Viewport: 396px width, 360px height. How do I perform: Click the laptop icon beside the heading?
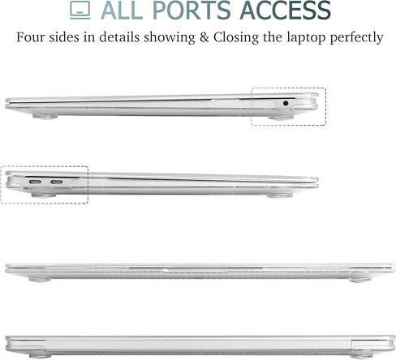(x=80, y=11)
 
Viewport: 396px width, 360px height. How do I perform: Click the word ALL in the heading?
(x=122, y=11)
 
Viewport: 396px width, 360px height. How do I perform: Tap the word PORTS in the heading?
(x=192, y=11)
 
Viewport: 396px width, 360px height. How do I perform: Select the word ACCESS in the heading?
(x=285, y=11)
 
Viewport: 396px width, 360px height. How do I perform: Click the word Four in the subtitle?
(x=30, y=37)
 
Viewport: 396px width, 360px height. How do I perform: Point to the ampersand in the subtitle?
(x=204, y=37)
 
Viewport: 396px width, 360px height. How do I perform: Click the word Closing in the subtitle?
(x=236, y=38)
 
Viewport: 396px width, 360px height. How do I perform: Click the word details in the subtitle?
(x=119, y=37)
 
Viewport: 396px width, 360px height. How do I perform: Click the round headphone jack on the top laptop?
(x=286, y=103)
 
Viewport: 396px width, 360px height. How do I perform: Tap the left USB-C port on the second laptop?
(x=35, y=182)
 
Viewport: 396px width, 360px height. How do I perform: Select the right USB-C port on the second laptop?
(x=57, y=182)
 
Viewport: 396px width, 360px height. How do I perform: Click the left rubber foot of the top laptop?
(x=45, y=117)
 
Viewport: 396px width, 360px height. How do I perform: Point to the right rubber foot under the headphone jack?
(x=281, y=118)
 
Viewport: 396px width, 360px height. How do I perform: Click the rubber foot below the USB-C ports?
(x=44, y=195)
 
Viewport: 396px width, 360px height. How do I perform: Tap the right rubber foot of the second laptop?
(x=279, y=195)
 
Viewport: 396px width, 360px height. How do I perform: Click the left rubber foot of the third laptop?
(x=40, y=280)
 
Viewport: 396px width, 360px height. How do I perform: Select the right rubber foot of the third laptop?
(x=359, y=280)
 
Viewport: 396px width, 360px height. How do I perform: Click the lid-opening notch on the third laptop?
(x=168, y=270)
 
